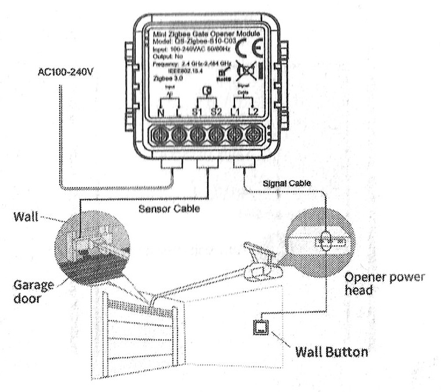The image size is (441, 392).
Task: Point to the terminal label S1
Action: [x=197, y=111]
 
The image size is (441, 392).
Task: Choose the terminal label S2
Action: [x=216, y=111]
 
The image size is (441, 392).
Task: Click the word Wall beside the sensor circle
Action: [x=25, y=219]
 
